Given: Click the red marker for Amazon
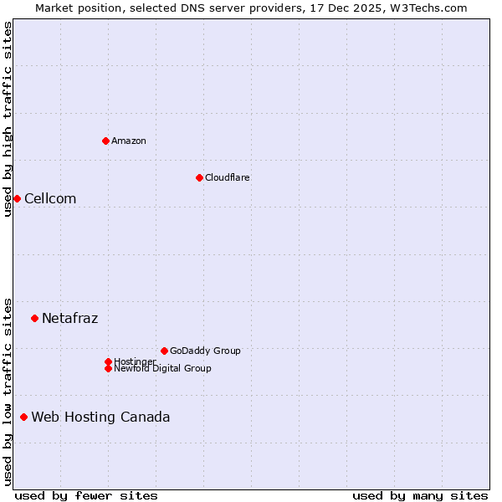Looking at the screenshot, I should click(105, 141).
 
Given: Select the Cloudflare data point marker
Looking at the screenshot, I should click(199, 177).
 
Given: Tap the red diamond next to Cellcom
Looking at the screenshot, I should click(17, 198).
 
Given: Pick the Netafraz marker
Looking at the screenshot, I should click(34, 318).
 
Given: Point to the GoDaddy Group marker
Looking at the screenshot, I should click(164, 351).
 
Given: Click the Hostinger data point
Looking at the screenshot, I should click(108, 361).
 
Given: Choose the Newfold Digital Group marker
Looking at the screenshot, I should click(108, 368).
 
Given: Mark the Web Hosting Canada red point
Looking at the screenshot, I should click(23, 417).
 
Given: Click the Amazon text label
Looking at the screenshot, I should click(129, 141).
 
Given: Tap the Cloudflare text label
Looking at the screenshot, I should click(228, 177).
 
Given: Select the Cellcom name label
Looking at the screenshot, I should click(50, 198).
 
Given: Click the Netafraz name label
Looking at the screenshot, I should click(70, 318).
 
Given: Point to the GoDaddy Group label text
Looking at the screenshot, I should click(205, 351).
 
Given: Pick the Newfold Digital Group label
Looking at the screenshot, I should click(163, 368).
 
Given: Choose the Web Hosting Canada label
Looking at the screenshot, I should click(100, 417).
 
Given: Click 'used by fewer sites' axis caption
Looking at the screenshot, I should click(86, 495).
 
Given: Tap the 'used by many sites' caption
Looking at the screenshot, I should click(420, 495).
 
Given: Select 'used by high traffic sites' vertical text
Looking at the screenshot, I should click(8, 119).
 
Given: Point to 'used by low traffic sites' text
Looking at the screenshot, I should click(8, 392).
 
